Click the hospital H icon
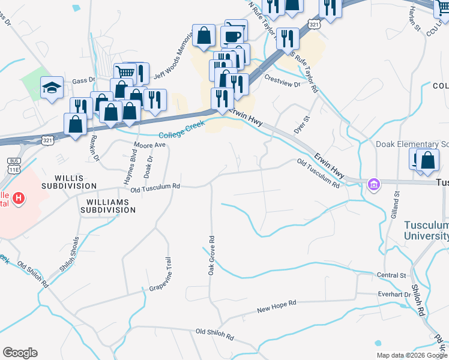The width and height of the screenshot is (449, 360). coord(19,197)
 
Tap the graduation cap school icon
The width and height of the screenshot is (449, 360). coord(52,88)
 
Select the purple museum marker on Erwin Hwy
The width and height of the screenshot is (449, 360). coord(374,184)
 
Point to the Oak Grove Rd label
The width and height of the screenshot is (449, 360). coord(211,254)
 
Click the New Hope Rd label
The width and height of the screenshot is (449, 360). coord(277,309)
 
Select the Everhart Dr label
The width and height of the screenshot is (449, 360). coord(394,294)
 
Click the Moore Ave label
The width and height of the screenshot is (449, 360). coord(149,145)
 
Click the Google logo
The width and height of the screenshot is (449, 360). coord(20,353)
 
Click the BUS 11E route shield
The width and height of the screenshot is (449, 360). coord(13,166)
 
